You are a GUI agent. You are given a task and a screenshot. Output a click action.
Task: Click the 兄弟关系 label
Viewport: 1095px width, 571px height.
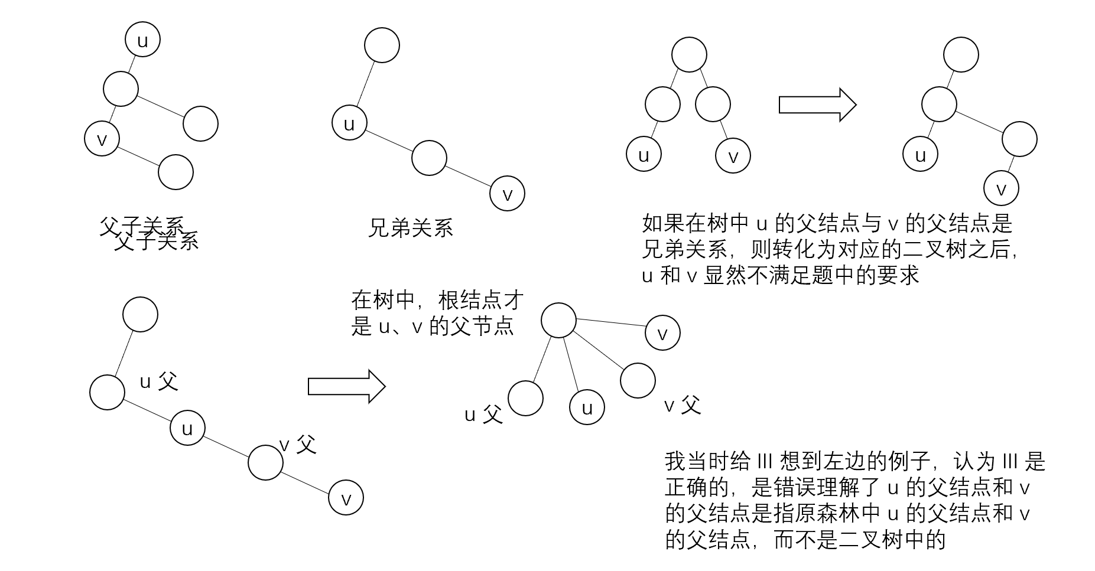pos(410,228)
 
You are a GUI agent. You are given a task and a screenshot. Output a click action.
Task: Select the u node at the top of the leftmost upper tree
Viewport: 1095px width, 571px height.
pos(142,40)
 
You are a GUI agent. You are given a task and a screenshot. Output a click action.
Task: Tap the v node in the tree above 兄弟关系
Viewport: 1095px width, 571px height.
pos(507,194)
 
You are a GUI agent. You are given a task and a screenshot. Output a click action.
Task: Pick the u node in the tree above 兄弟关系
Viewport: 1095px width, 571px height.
pos(349,124)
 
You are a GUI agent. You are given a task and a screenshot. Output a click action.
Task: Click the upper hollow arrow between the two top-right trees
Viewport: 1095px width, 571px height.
pos(817,105)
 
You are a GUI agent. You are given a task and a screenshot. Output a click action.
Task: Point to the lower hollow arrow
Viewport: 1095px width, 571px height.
pos(346,387)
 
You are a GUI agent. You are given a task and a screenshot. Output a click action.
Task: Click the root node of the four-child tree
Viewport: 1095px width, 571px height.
pos(558,321)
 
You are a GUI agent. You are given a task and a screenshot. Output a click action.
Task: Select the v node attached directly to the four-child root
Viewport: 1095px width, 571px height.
pos(662,333)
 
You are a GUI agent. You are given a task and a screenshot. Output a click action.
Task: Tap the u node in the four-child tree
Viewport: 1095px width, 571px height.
pos(587,407)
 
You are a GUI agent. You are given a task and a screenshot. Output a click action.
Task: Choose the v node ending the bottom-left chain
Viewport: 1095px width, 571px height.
pos(346,498)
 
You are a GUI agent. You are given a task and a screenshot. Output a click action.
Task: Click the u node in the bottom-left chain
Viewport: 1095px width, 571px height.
pos(187,428)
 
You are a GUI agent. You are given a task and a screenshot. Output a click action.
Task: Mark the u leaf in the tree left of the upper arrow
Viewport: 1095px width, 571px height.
pos(644,155)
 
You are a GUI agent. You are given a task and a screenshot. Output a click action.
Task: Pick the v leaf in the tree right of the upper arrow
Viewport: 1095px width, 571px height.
pos(1001,188)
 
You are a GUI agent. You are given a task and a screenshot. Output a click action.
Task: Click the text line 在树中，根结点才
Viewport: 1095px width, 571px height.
pos(437,301)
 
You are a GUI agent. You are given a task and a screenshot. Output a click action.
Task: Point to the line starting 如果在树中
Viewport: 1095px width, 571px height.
pos(827,224)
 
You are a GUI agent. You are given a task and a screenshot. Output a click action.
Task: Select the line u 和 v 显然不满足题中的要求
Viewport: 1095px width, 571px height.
pos(781,276)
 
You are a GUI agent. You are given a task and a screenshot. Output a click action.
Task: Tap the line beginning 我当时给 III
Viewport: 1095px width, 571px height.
pos(854,461)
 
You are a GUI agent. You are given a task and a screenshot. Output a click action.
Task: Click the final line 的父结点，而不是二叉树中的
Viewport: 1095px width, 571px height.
pos(805,540)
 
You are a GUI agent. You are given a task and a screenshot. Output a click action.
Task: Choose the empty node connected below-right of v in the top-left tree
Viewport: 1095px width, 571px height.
pos(176,172)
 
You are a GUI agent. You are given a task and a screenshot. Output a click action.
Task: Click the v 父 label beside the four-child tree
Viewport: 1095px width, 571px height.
pos(683,405)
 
